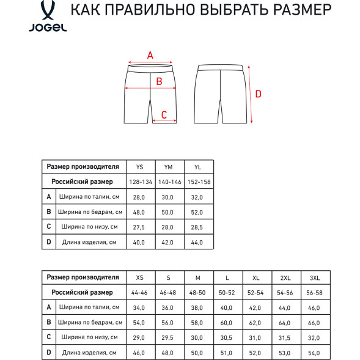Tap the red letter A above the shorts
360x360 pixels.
point(150,55)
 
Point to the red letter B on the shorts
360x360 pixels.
point(158,81)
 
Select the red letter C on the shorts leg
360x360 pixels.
point(164,114)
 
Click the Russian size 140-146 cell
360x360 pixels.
point(169,182)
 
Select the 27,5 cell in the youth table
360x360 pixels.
point(140,227)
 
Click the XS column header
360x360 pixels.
point(140,278)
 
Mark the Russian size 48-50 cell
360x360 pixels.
point(197,293)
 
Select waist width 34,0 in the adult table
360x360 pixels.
point(140,307)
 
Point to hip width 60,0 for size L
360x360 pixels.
point(226,322)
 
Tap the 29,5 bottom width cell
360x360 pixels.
point(169,337)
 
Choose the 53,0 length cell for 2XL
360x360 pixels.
point(284,352)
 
